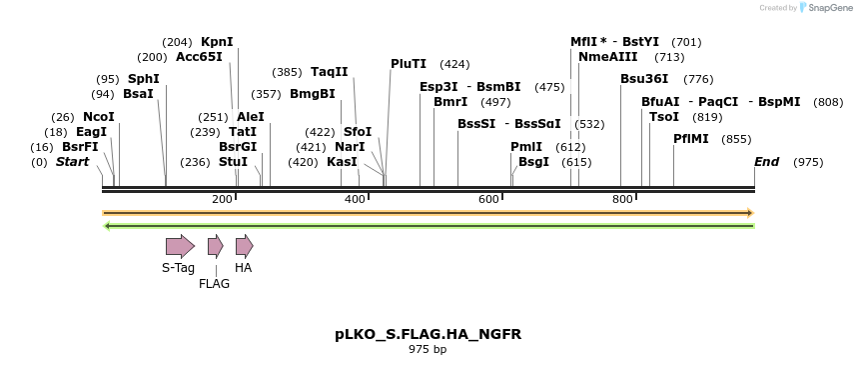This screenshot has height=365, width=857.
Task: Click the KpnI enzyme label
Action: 217,42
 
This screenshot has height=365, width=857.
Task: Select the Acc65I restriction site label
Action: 199,57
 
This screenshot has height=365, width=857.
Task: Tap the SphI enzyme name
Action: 143,79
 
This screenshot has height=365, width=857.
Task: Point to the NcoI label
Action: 98,117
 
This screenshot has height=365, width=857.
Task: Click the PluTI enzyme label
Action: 409,64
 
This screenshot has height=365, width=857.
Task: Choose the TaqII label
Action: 329,72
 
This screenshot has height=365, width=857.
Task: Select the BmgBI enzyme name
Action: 312,94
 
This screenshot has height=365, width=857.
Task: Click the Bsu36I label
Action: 644,79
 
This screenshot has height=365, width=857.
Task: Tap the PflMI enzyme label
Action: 690,139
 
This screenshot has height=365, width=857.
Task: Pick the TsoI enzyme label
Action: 663,117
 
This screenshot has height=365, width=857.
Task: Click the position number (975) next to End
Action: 807,162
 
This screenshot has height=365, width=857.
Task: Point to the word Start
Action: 72,162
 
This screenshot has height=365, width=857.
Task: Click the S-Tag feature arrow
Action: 180,246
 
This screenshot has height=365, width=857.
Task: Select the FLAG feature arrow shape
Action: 215,246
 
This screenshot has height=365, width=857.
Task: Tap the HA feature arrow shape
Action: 244,246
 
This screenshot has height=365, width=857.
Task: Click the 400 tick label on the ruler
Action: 355,200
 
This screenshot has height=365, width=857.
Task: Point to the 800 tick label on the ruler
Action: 622,200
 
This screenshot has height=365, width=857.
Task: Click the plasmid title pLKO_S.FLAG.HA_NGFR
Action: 428,334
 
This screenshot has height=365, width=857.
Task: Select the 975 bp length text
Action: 428,350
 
